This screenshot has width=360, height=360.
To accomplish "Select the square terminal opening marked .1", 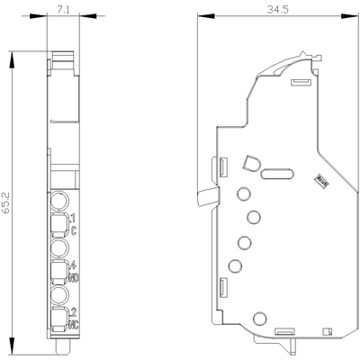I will [x=58, y=223].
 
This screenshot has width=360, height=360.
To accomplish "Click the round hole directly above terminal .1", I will [x=58, y=201].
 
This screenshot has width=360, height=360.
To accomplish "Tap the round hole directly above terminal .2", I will [x=58, y=293].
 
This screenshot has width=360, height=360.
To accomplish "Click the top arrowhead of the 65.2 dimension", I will [x=13, y=53].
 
